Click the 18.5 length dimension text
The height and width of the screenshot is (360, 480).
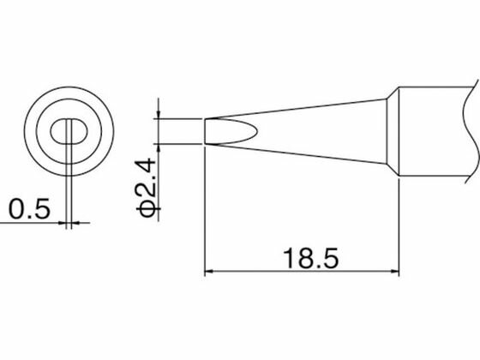pyautogui.click(x=310, y=258)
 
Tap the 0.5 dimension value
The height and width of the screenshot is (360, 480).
pyautogui.click(x=29, y=209)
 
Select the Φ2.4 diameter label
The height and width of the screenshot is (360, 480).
pyautogui.click(x=147, y=187)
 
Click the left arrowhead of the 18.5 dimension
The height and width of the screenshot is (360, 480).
pyautogui.click(x=208, y=271)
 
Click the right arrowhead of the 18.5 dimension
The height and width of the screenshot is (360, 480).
pyautogui.click(x=395, y=271)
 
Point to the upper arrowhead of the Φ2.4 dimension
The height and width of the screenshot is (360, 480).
pyautogui.click(x=158, y=115)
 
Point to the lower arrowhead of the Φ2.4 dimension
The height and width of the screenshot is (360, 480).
pyautogui.click(x=158, y=147)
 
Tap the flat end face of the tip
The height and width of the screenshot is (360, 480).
pyautogui.click(x=205, y=131)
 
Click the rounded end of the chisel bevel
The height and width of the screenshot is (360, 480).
pyautogui.click(x=256, y=131)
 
